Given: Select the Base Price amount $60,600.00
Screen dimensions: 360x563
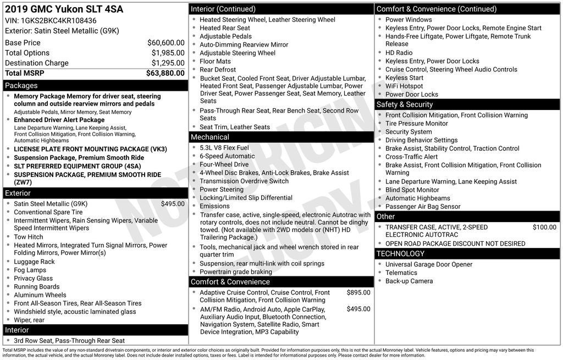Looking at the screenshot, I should [165, 43].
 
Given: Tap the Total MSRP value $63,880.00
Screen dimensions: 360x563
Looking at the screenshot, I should [165, 73].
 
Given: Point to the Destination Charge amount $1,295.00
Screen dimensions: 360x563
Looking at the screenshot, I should [168, 63].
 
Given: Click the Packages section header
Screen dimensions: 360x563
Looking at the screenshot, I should [21, 86].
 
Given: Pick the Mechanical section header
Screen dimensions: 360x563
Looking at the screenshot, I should [210, 137].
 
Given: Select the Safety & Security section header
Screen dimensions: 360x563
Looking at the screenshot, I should [405, 104].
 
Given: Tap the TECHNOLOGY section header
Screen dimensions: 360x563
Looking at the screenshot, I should [401, 253].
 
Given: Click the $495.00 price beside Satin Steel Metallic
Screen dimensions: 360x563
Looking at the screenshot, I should [173, 204].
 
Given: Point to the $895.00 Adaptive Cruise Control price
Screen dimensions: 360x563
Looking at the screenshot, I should [358, 293].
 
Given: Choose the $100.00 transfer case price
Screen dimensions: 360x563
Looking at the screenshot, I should [544, 227].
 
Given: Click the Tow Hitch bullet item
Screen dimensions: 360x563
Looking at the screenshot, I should [29, 237].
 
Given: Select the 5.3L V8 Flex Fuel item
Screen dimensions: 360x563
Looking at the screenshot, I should [224, 148].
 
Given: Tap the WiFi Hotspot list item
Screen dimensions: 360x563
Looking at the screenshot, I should [404, 86].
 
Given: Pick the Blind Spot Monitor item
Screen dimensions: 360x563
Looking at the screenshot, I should [412, 190].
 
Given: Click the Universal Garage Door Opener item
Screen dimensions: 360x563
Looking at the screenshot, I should [429, 264].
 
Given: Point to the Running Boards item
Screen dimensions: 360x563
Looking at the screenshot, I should [37, 287].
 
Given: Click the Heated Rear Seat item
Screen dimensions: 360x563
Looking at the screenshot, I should [225, 28].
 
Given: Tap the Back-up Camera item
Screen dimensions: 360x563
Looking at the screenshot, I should [409, 281].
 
